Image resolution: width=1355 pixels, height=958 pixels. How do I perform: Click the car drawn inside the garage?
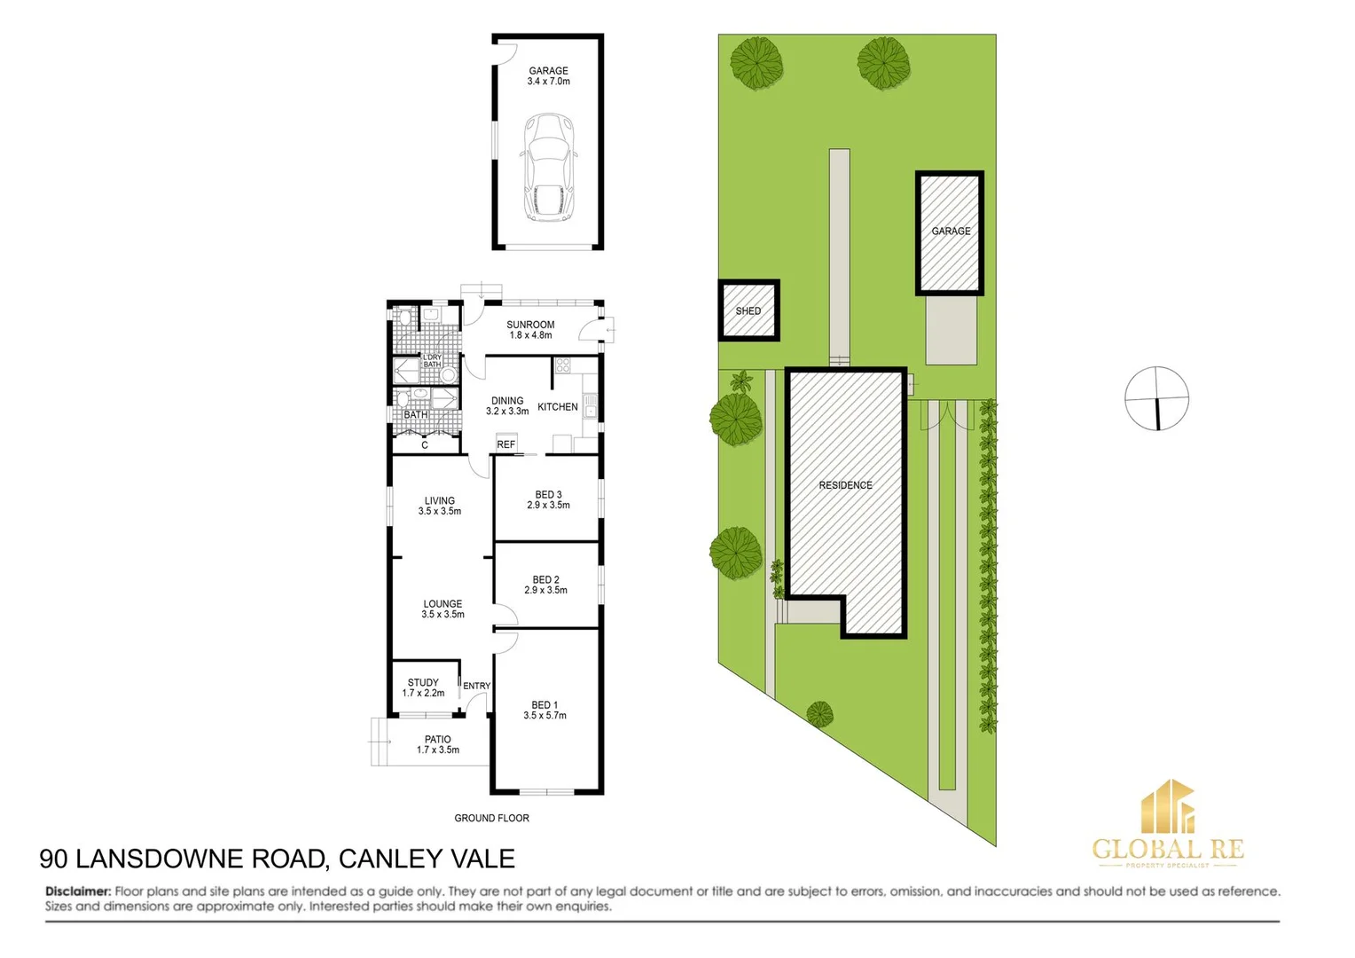(x=549, y=167)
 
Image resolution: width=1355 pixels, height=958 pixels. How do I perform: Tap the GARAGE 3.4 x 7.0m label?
(x=548, y=76)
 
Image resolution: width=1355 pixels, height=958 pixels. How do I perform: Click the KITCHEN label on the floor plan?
(x=558, y=407)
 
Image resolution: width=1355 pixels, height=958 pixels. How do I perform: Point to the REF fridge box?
(x=505, y=444)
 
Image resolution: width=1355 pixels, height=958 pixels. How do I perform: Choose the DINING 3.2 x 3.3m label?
(x=507, y=406)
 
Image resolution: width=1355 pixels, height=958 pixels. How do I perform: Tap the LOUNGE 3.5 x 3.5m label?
(x=443, y=609)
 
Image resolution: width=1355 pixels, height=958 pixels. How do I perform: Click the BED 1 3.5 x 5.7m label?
(x=544, y=711)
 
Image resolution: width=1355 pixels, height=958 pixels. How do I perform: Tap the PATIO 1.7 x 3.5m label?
(x=438, y=744)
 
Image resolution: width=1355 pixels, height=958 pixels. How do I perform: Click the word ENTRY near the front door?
(x=476, y=686)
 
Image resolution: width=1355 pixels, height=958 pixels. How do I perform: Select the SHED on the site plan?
(x=748, y=311)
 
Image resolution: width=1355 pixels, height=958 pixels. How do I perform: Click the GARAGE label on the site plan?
(x=951, y=232)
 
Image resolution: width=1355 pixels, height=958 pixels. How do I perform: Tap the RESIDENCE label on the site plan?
(x=845, y=485)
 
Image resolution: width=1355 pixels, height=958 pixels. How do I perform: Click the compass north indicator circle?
(x=1156, y=398)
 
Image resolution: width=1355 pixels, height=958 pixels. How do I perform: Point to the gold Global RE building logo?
(x=1167, y=806)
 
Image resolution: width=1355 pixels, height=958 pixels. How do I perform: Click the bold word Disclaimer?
(x=78, y=891)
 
